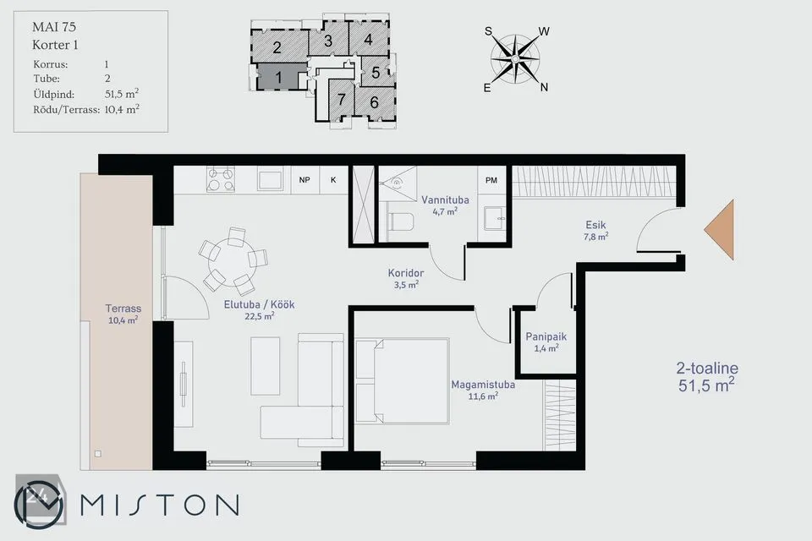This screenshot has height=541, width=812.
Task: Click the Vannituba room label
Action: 445,199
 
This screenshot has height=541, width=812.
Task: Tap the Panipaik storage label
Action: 546,336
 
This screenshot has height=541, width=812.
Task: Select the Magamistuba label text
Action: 483,385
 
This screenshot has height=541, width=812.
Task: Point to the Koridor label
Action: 406,273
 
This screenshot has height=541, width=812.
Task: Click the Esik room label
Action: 595,225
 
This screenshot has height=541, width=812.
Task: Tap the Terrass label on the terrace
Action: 123,309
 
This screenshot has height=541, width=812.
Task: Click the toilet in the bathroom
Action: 400,222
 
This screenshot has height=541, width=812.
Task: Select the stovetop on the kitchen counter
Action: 221,180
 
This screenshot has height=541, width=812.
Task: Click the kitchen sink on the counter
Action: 270,180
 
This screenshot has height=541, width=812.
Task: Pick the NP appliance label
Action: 304,180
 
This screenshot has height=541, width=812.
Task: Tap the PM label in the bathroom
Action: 491,180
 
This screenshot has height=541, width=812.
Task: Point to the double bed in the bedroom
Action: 402,381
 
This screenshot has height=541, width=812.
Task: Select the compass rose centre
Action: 515,59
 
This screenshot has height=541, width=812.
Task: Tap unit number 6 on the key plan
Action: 375,102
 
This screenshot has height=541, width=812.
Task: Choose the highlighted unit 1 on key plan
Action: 278,77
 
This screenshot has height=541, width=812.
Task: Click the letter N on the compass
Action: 544,88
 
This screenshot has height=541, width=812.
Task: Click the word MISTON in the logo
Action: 160,505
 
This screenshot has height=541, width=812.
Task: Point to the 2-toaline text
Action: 707,368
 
